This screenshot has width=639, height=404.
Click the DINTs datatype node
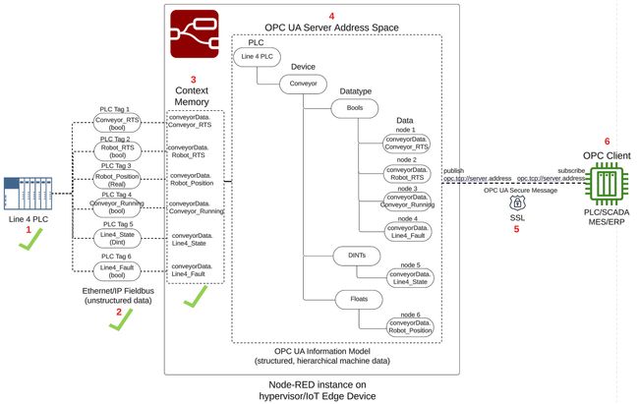(359, 255)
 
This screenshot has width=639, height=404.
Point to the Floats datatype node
(359, 297)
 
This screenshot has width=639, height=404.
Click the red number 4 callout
(331, 16)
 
